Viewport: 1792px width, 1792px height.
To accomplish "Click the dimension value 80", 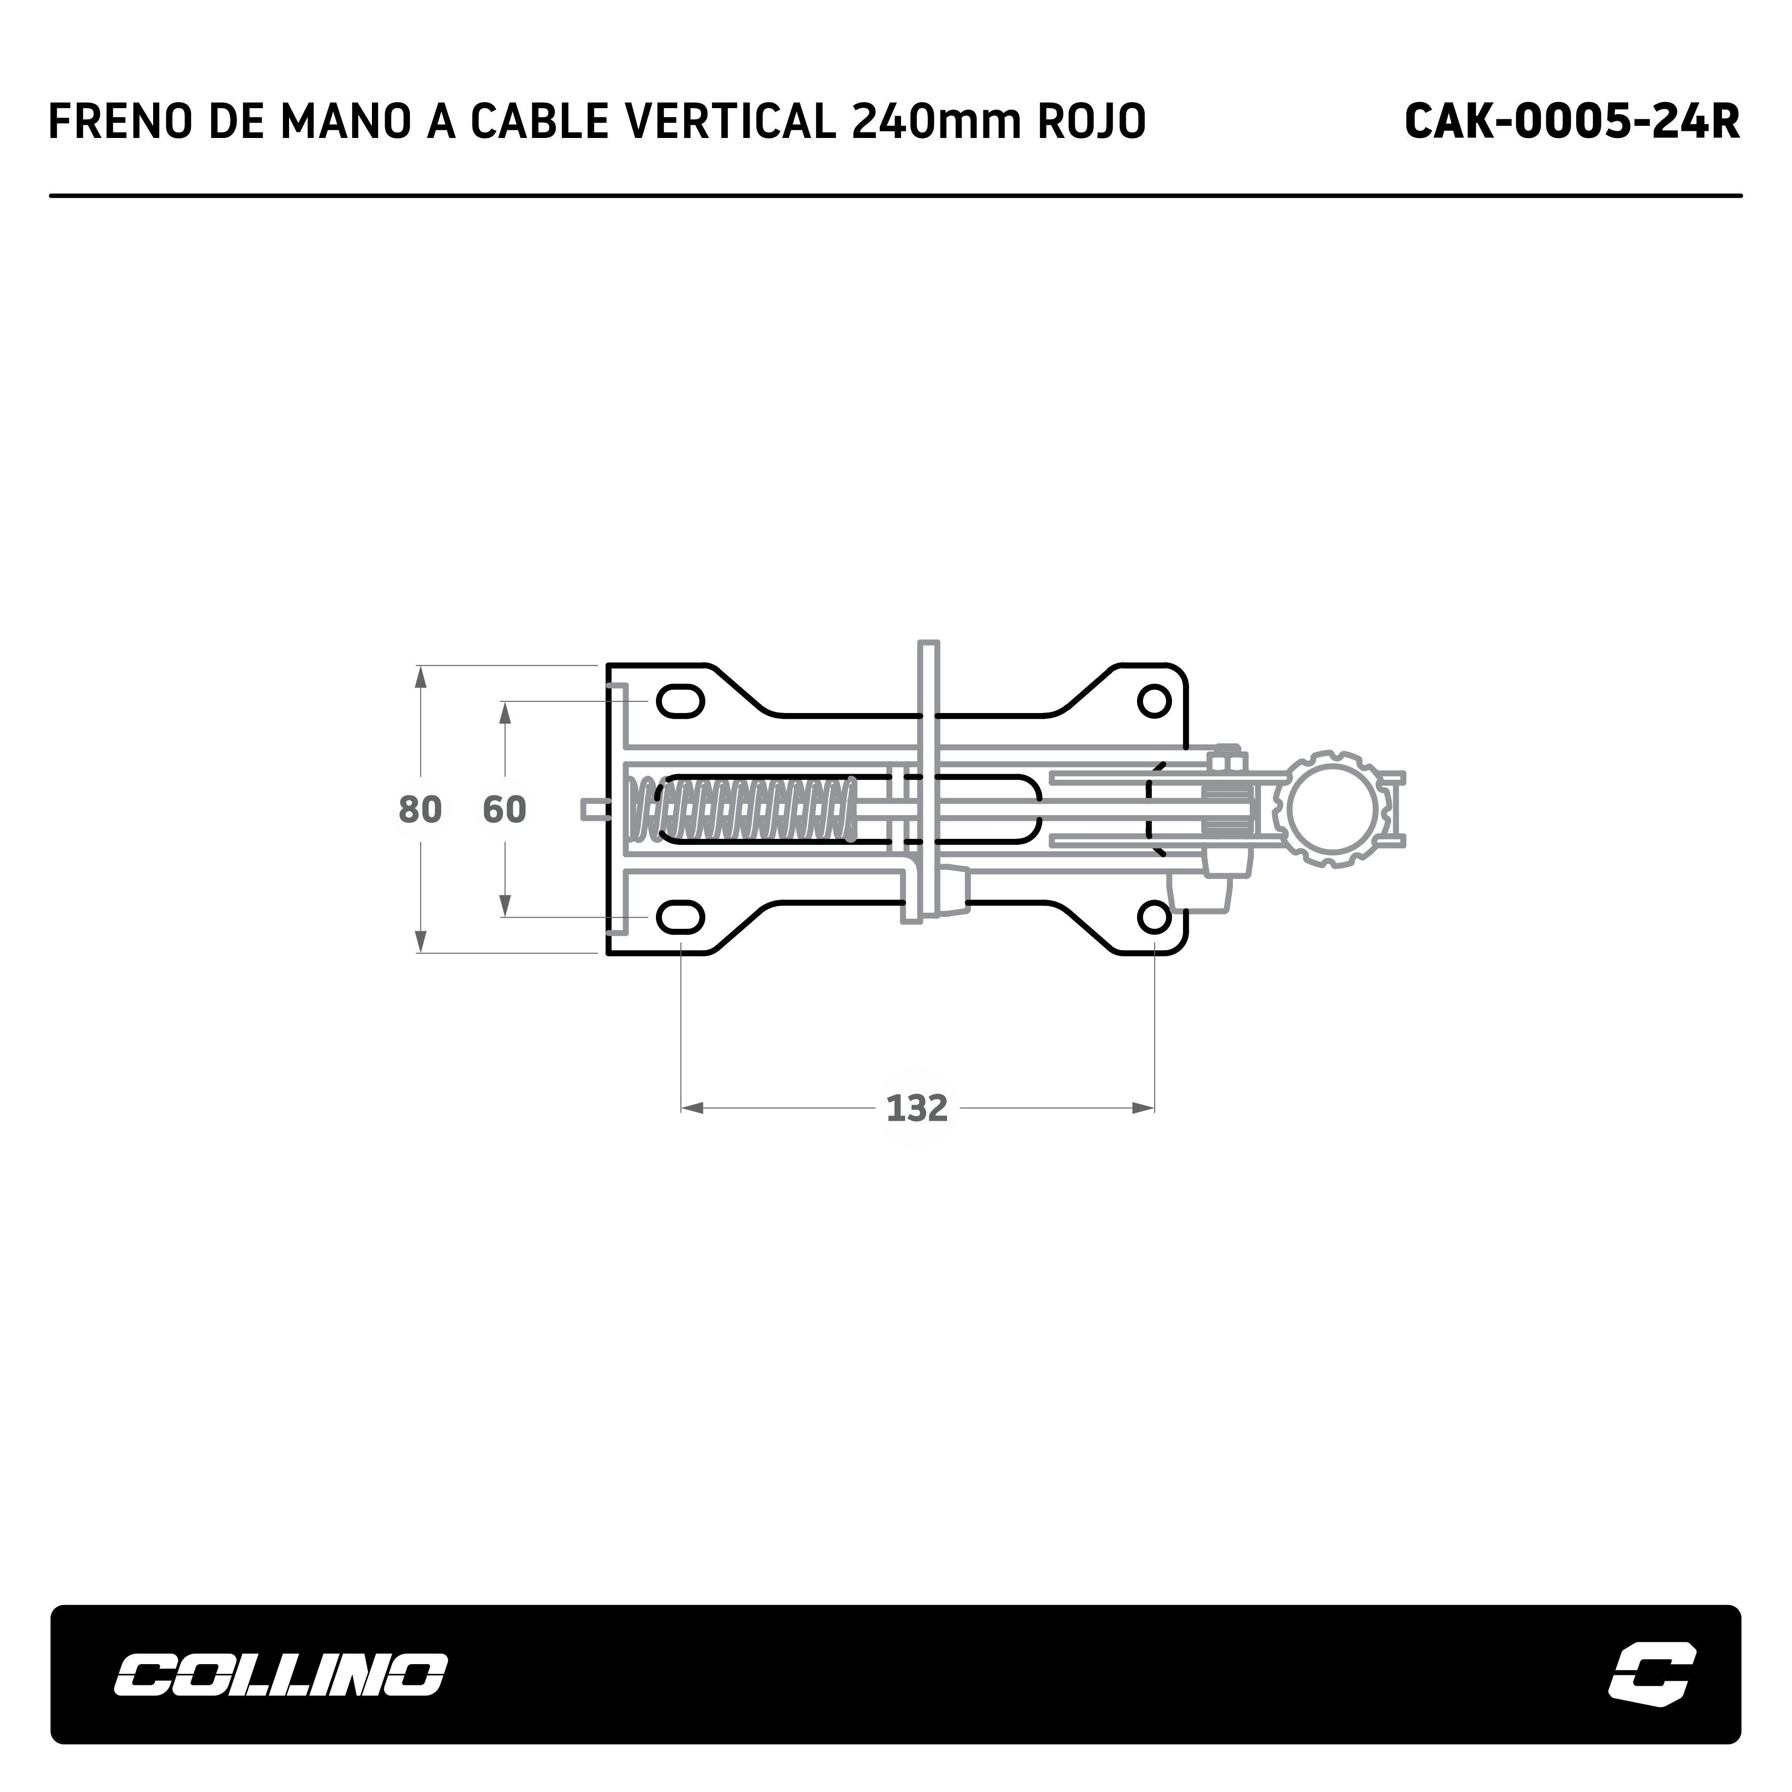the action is click(x=420, y=810).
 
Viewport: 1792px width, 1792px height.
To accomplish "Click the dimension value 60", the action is click(x=504, y=810).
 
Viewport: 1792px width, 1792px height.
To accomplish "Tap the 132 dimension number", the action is click(x=917, y=1108).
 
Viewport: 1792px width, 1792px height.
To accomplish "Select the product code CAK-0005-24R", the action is click(x=1572, y=121).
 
